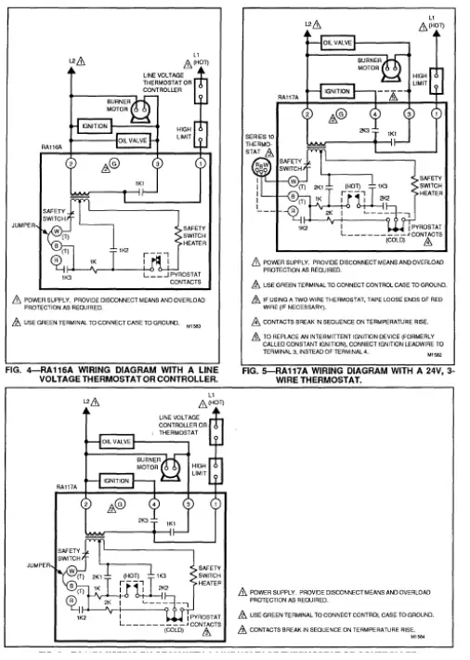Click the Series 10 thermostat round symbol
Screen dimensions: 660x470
pyautogui.click(x=262, y=166)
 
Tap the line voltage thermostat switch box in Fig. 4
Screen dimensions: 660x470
pyautogui.click(x=200, y=91)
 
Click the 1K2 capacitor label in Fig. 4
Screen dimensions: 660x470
pyautogui.click(x=124, y=251)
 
